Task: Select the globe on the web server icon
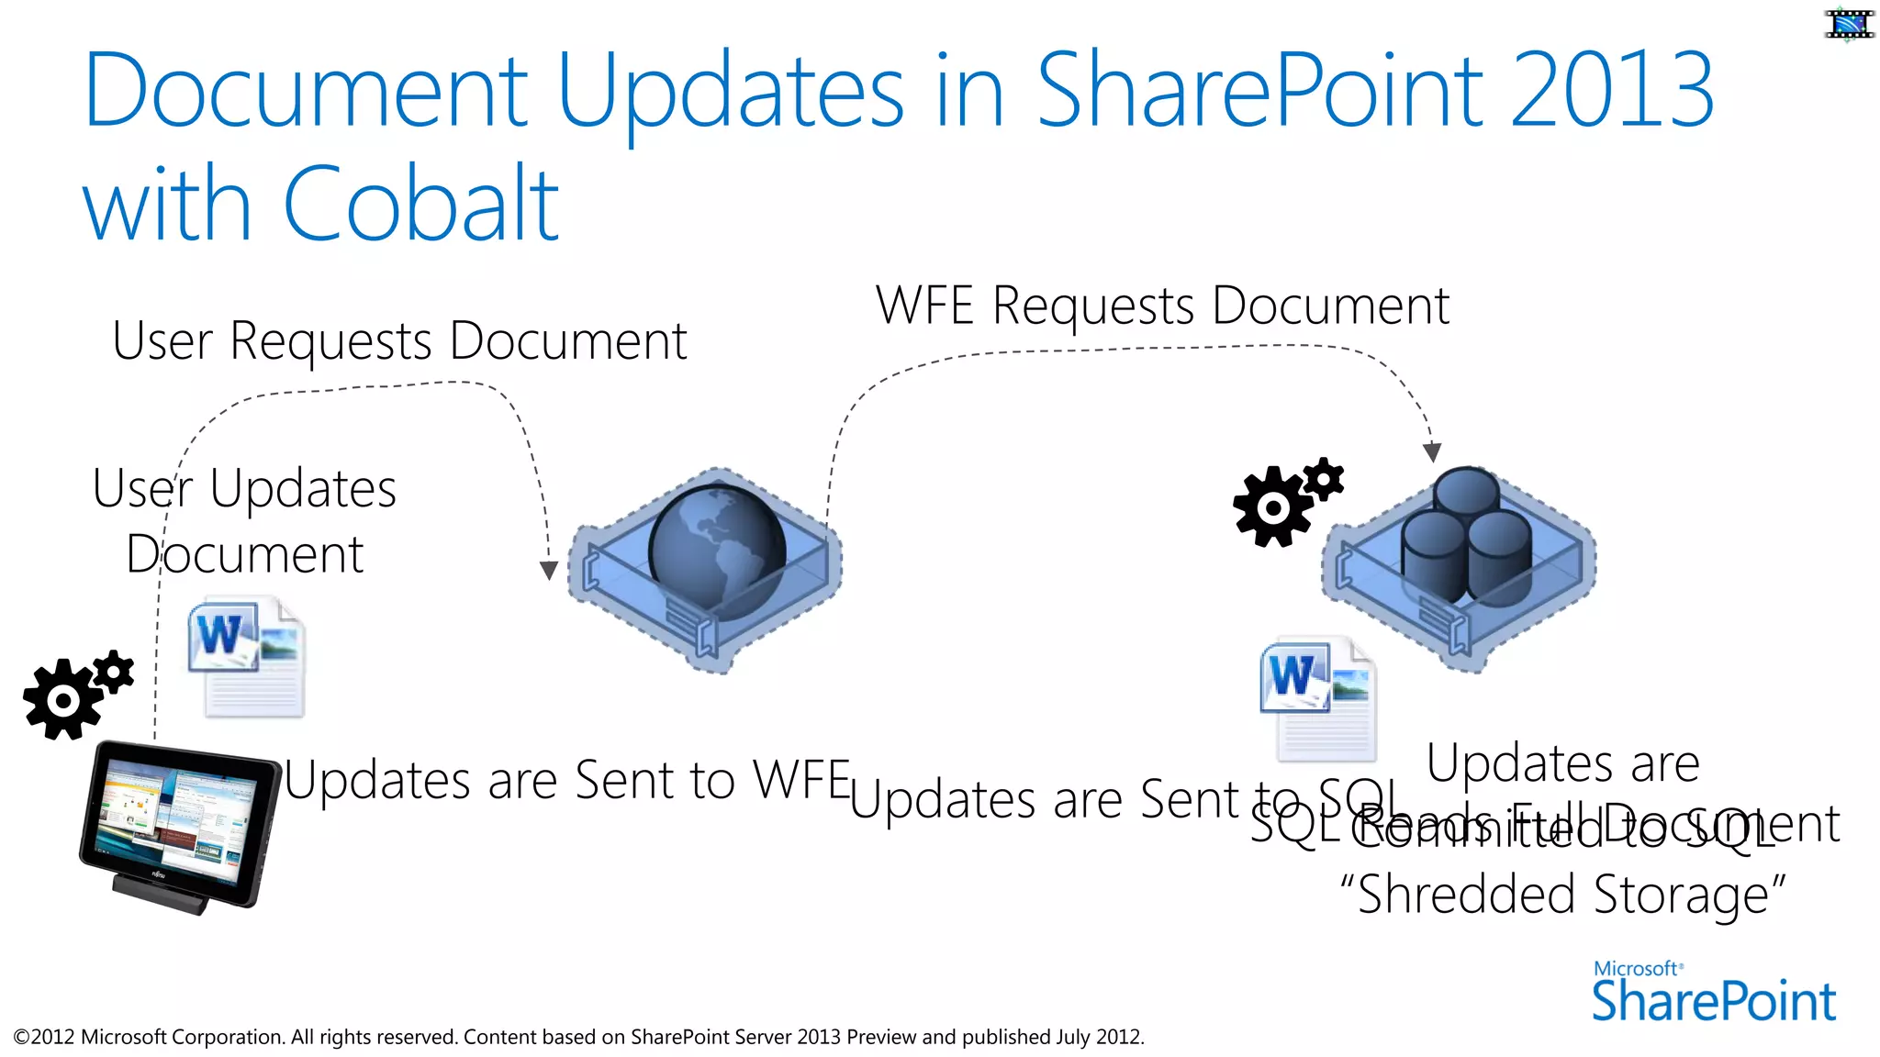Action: pyautogui.click(x=717, y=550)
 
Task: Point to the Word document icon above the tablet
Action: pyautogui.click(x=247, y=656)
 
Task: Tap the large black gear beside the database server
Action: pyautogui.click(x=1272, y=507)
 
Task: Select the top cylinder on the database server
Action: pyautogui.click(x=1466, y=492)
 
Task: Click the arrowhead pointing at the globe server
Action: pyautogui.click(x=549, y=571)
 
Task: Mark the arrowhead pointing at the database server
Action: pyautogui.click(x=1432, y=452)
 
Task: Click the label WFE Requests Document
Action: pyautogui.click(x=1162, y=306)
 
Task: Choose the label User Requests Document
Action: pyautogui.click(x=399, y=341)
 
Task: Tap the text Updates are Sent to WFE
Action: pyautogui.click(x=567, y=781)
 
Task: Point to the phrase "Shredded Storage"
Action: pyautogui.click(x=1562, y=895)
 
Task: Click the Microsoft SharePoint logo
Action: pyautogui.click(x=1713, y=993)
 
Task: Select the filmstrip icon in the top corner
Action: pyautogui.click(x=1849, y=24)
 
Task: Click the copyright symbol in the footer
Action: pyautogui.click(x=21, y=1038)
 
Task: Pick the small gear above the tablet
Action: pyautogui.click(x=114, y=673)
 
